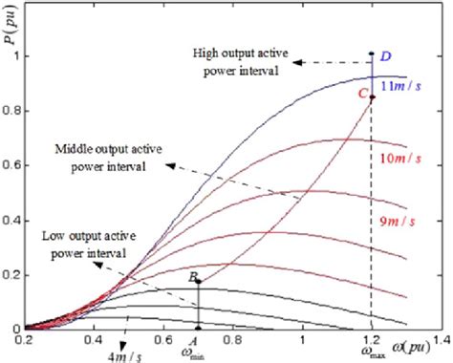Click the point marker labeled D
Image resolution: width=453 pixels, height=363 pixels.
(372, 53)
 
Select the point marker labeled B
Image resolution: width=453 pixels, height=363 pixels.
(198, 281)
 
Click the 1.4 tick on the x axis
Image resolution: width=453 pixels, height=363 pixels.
(441, 339)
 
